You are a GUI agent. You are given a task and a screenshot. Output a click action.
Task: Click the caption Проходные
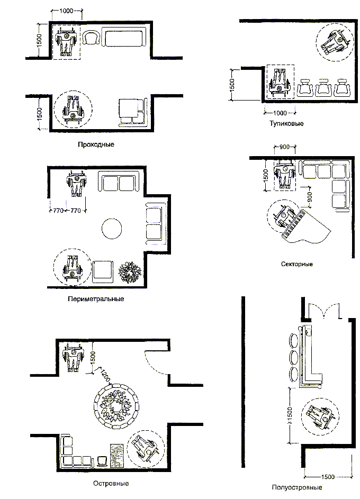pyautogui.click(x=96, y=144)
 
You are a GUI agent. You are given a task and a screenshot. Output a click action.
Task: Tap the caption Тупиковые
pyautogui.click(x=286, y=123)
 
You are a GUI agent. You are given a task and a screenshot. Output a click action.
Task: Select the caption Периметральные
pyautogui.click(x=96, y=299)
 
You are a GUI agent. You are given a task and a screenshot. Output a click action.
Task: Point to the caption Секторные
pyautogui.click(x=296, y=264)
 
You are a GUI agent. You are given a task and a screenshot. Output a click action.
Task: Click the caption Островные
pyautogui.click(x=111, y=484)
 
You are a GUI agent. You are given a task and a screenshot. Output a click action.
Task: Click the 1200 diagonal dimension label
pyautogui.click(x=105, y=375)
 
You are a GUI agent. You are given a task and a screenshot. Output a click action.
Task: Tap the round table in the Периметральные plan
pyautogui.click(x=112, y=229)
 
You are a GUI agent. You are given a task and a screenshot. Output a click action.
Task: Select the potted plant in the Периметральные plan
pyautogui.click(x=130, y=273)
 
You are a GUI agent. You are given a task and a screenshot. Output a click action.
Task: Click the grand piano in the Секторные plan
pyautogui.click(x=304, y=226)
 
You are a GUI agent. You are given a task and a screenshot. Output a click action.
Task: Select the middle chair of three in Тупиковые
pyautogui.click(x=323, y=87)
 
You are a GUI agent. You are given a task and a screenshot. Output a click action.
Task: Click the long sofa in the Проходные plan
pyautogui.click(x=124, y=37)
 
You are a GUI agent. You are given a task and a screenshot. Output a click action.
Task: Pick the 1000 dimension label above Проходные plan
pyautogui.click(x=66, y=11)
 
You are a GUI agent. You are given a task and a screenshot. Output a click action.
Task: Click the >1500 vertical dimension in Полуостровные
pyautogui.click(x=290, y=415)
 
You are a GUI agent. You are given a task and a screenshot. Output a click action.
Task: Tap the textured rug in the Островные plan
pyautogui.click(x=117, y=456)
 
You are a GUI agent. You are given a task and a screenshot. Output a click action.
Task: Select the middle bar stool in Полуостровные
pyautogui.click(x=294, y=357)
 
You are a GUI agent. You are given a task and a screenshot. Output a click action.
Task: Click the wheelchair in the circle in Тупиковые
pyautogui.click(x=334, y=43)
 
